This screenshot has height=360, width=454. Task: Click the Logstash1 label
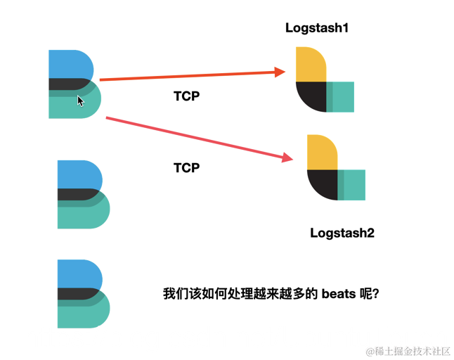[317, 28]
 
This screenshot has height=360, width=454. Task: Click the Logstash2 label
[342, 233]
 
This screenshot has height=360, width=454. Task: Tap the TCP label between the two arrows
[186, 96]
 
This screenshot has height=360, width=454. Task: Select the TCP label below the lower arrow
[186, 168]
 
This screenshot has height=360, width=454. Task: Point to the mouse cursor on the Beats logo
[80, 101]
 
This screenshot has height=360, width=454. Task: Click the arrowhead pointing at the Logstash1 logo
[278, 71]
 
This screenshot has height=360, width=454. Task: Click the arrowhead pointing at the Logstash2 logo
[287, 157]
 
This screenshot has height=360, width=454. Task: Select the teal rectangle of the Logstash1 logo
[342, 97]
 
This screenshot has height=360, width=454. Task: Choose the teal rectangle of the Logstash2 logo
[353, 185]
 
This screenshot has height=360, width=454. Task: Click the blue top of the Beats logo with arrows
[70, 64]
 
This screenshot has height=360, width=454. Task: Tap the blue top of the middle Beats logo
[78, 174]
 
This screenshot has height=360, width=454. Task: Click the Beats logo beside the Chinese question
[83, 294]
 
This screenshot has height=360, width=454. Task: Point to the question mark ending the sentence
[376, 294]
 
